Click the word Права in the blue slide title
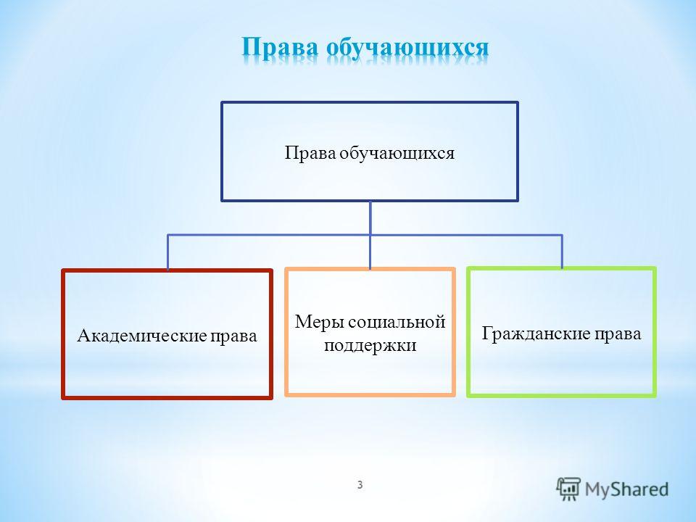281,48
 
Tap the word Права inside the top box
310,153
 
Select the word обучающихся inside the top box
397,154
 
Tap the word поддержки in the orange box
370,345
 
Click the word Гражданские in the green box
536,333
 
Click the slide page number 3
360,485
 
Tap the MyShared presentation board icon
568,489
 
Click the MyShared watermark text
626,489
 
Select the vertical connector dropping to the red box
167,252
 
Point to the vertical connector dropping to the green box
562,252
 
